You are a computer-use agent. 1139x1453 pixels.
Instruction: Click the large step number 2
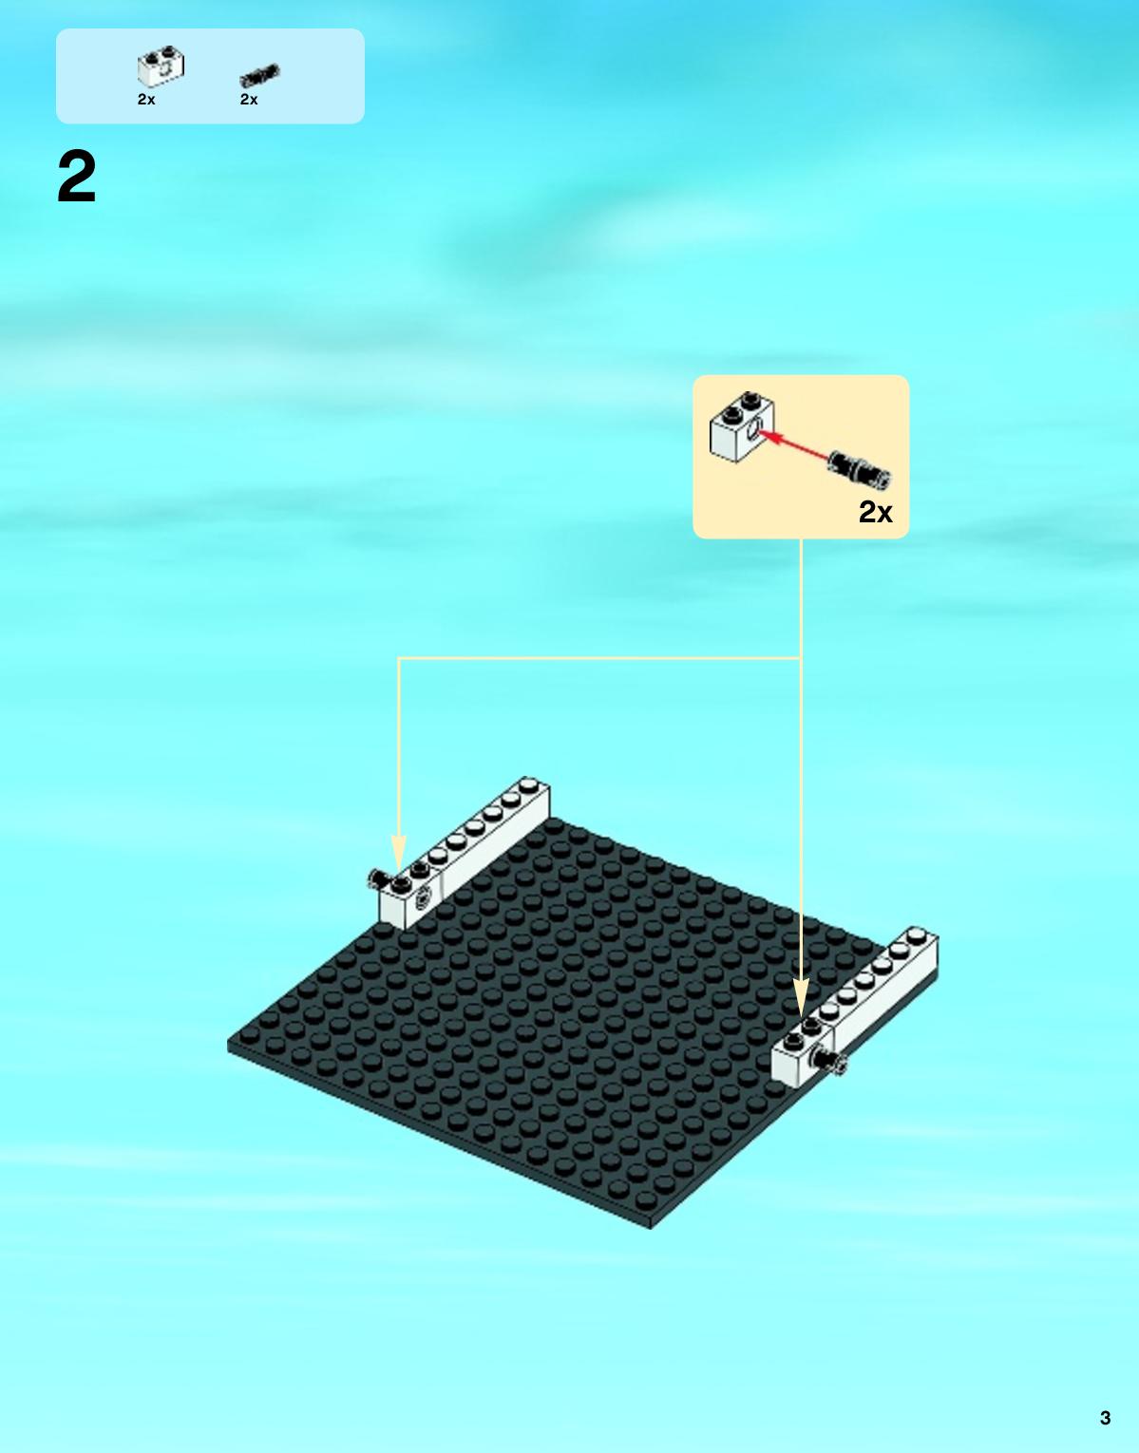coord(77,177)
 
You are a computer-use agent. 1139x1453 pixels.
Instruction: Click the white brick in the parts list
coord(161,66)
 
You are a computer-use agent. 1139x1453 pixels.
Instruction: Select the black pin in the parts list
coord(259,76)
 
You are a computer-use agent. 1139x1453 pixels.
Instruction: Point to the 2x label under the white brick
coord(146,100)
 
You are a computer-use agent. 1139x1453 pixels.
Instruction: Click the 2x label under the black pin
coord(249,100)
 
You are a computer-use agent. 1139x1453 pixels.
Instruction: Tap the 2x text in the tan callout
coord(876,512)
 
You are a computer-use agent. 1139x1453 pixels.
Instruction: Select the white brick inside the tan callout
coord(742,426)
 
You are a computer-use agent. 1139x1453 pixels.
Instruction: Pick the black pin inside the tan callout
coord(860,468)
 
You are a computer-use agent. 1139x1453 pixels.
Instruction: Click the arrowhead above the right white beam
coord(802,1000)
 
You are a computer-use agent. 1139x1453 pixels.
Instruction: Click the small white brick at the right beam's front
coord(803,1052)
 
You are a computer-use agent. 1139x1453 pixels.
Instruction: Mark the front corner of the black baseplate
coord(651,1226)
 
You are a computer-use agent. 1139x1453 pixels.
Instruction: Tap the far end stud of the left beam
coord(530,783)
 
